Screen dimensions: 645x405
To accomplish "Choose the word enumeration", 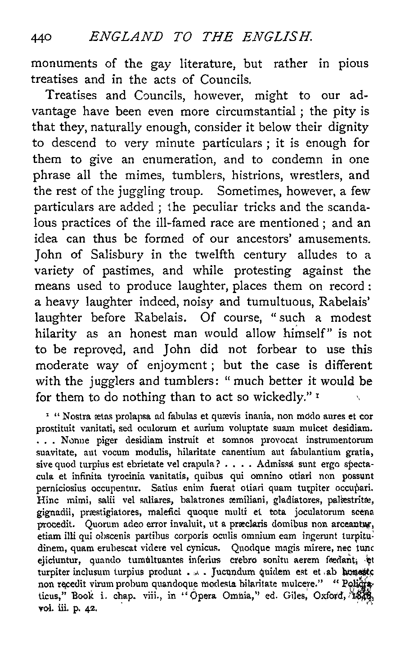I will click(x=173, y=159).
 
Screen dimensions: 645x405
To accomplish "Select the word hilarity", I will click(x=57, y=334).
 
